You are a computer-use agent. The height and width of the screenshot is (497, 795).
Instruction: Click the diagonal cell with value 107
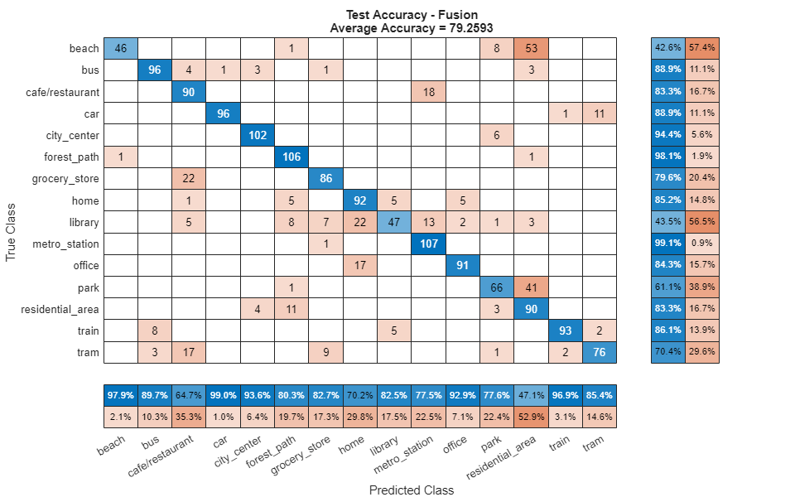pos(428,244)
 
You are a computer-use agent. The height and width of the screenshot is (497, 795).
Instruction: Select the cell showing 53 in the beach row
pos(531,48)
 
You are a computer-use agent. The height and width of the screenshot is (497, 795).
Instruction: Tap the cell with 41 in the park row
pos(531,287)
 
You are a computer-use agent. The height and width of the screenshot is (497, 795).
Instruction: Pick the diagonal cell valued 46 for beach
pos(121,48)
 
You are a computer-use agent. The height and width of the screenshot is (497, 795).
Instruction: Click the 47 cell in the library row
pos(394,222)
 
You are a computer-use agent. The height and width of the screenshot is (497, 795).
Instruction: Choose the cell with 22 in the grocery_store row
pos(189,179)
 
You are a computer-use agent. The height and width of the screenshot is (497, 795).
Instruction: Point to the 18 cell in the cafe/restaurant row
pos(428,92)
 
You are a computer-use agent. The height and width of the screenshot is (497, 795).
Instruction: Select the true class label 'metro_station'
pos(66,244)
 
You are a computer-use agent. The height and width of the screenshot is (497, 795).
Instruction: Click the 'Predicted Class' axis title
pos(412,490)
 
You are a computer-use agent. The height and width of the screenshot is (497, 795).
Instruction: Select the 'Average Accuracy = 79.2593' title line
pos(412,27)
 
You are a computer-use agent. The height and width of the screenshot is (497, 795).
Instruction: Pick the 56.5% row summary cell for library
pos(702,222)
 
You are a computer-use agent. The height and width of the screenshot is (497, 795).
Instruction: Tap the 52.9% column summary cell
pos(531,417)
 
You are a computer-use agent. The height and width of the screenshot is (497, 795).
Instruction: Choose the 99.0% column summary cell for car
pos(224,395)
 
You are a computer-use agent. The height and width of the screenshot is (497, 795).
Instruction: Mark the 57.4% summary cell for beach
pos(702,48)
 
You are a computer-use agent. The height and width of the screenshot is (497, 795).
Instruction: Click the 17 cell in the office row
pos(360,266)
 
